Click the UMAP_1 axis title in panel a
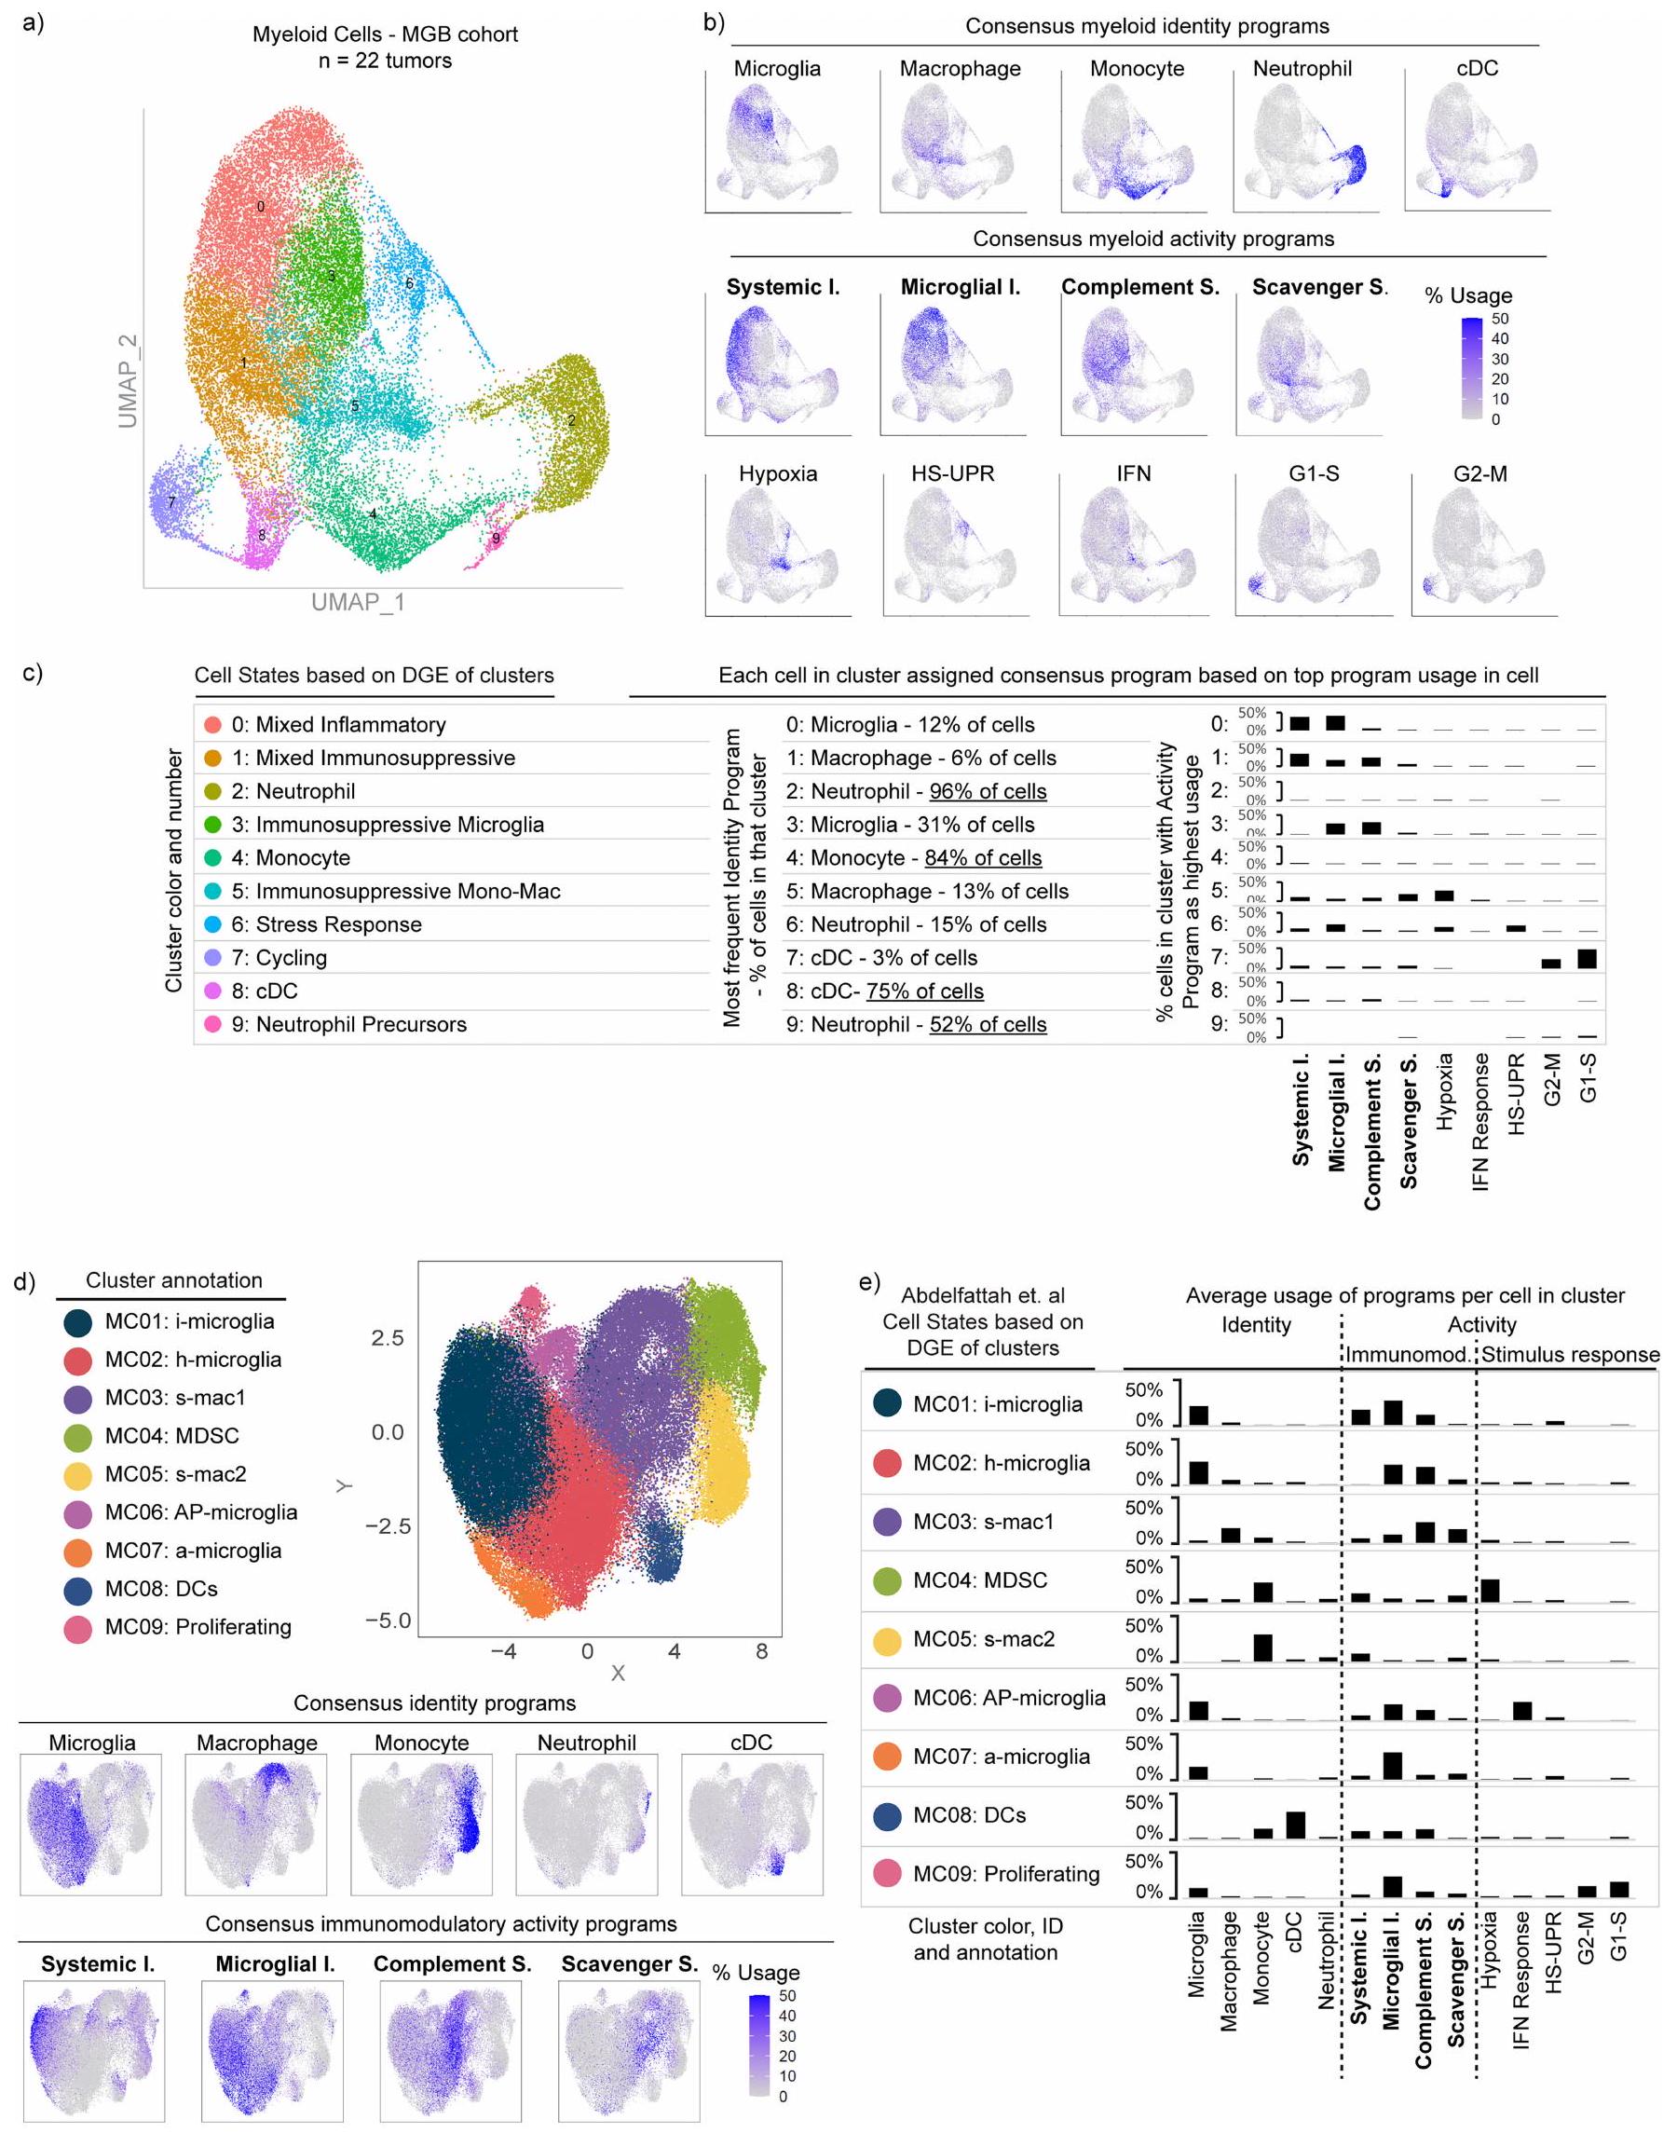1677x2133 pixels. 358,602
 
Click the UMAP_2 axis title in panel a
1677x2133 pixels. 128,381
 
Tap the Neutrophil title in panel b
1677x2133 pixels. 1302,69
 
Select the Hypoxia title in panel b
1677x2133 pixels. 778,473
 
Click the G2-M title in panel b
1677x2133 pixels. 1479,473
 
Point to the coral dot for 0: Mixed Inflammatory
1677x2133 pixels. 212,725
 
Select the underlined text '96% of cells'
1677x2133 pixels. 988,791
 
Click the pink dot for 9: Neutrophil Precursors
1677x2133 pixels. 212,1024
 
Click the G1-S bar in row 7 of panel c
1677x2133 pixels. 1587,959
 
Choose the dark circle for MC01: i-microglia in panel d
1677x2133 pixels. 78,1322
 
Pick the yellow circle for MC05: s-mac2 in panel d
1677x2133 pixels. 78,1475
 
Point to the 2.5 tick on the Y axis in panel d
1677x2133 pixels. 387,1338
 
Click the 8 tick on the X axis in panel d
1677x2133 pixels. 762,1652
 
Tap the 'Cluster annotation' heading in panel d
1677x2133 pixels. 174,1280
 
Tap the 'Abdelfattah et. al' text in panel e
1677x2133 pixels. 983,1295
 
